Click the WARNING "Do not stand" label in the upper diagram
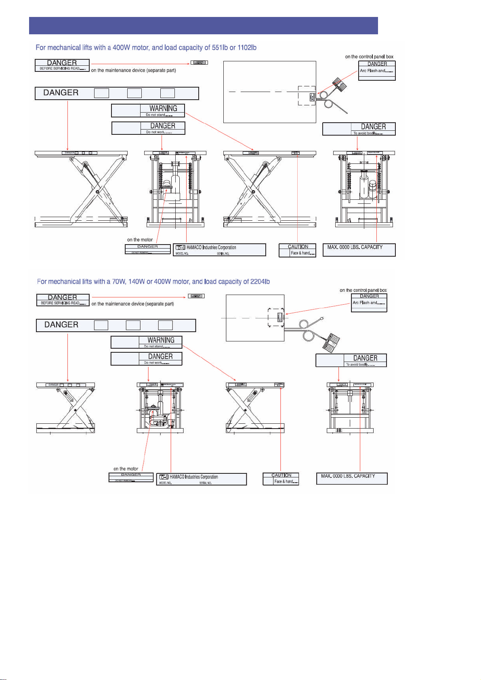pyautogui.click(x=148, y=111)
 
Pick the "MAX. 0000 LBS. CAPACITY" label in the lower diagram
pyautogui.click(x=351, y=479)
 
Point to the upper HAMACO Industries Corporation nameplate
pyautogui.click(x=219, y=250)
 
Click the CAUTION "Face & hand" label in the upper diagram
pyautogui.click(x=297, y=250)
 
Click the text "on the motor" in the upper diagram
pyautogui.click(x=140, y=240)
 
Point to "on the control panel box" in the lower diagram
pyautogui.click(x=363, y=290)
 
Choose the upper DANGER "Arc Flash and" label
pyautogui.click(x=377, y=71)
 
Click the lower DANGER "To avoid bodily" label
pyautogui.click(x=351, y=360)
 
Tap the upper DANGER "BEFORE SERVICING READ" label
pyautogui.click(x=62, y=65)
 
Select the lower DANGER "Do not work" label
pyautogui.click(x=146, y=359)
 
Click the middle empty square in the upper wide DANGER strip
pyautogui.click(x=134, y=93)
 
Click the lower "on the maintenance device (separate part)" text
pyautogui.click(x=132, y=304)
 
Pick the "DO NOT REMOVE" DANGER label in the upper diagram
pyautogui.click(x=147, y=249)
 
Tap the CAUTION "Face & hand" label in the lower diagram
pyautogui.click(x=281, y=479)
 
